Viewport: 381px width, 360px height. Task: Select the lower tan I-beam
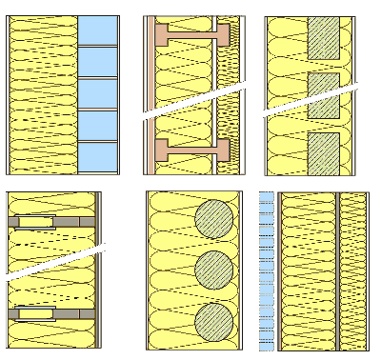(x=192, y=150)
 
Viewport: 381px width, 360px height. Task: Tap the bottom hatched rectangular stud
(x=325, y=151)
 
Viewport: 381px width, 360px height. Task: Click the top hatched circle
(x=213, y=219)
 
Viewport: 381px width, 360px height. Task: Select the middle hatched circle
(x=213, y=271)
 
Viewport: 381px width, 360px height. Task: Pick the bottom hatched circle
(x=213, y=322)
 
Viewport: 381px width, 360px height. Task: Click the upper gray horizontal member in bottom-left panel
(x=52, y=222)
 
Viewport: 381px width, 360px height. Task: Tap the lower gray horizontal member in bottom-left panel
(x=52, y=312)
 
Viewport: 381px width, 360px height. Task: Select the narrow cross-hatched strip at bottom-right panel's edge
(x=351, y=271)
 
